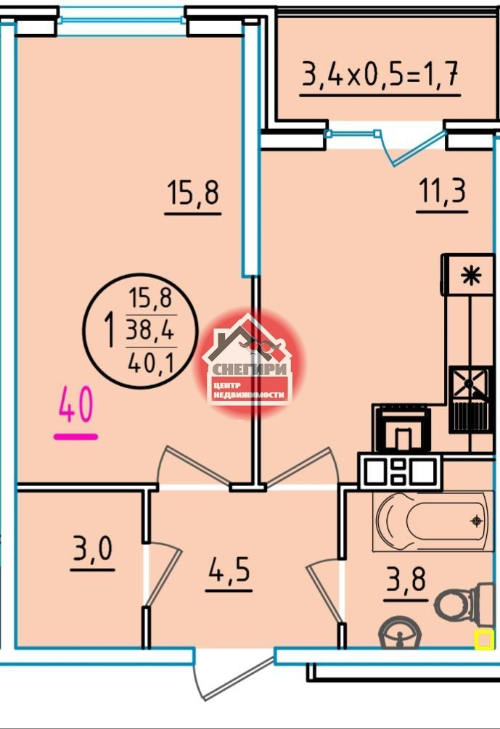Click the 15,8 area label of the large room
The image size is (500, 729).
pyautogui.click(x=192, y=193)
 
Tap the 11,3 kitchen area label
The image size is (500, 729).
pyautogui.click(x=443, y=191)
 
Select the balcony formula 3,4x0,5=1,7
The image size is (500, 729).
pyautogui.click(x=380, y=75)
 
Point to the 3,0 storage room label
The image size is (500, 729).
pyautogui.click(x=93, y=549)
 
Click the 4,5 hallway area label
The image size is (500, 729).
pyautogui.click(x=229, y=569)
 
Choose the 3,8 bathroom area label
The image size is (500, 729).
pyautogui.click(x=406, y=580)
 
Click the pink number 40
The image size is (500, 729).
pyautogui.click(x=75, y=405)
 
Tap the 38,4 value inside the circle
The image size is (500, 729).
pyautogui.click(x=150, y=331)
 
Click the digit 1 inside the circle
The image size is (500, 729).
pyautogui.click(x=110, y=330)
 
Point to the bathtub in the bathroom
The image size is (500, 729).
pyautogui.click(x=433, y=521)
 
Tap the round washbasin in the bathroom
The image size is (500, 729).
pyautogui.click(x=400, y=632)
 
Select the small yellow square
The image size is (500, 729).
pyautogui.click(x=484, y=639)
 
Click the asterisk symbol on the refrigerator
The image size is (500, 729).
pyautogui.click(x=471, y=276)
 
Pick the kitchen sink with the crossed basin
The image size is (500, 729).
pyautogui.click(x=470, y=385)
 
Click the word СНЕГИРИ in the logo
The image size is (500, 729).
pyautogui.click(x=250, y=370)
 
